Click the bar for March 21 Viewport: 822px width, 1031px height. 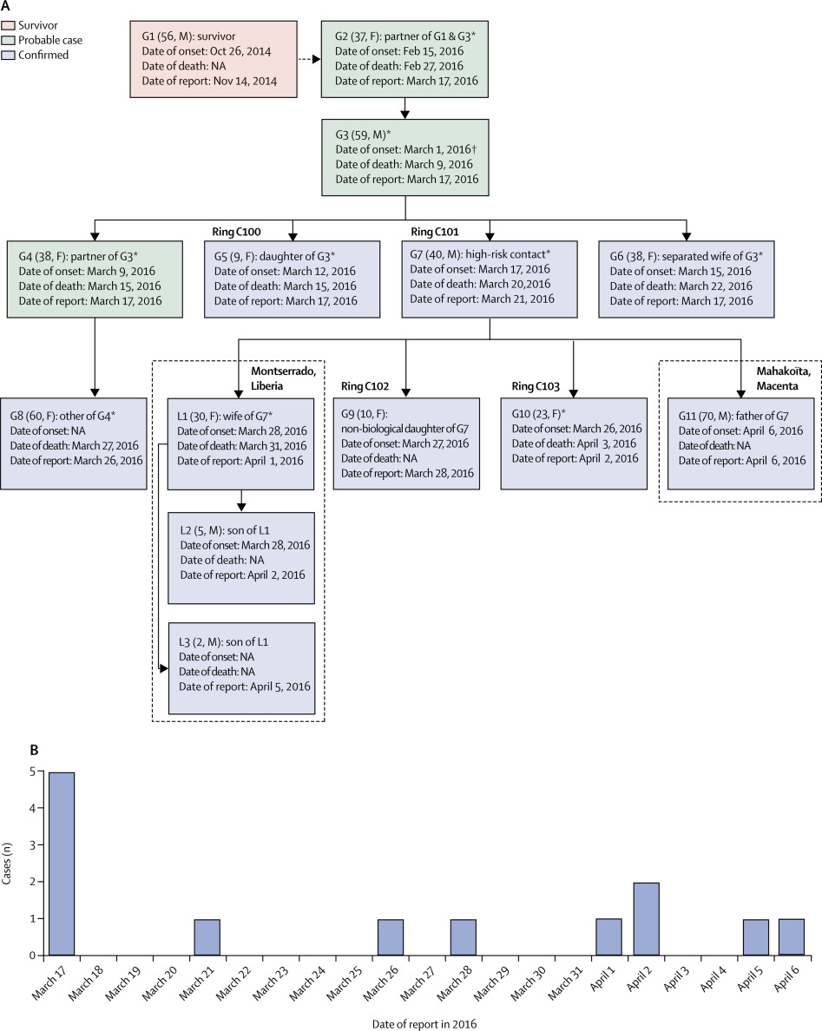207,937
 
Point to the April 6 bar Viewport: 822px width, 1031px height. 792,937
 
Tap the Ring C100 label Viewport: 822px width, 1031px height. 237,232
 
